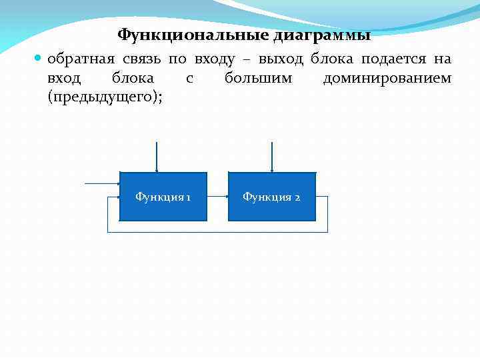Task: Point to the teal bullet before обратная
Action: point(38,59)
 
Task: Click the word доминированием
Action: point(387,79)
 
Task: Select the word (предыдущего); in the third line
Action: point(105,97)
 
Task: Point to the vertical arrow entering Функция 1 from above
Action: point(156,157)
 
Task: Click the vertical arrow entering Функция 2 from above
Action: point(271,157)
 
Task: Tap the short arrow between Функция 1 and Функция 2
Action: point(217,197)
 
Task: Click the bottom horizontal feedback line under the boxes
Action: point(217,232)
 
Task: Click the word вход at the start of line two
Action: point(64,79)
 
